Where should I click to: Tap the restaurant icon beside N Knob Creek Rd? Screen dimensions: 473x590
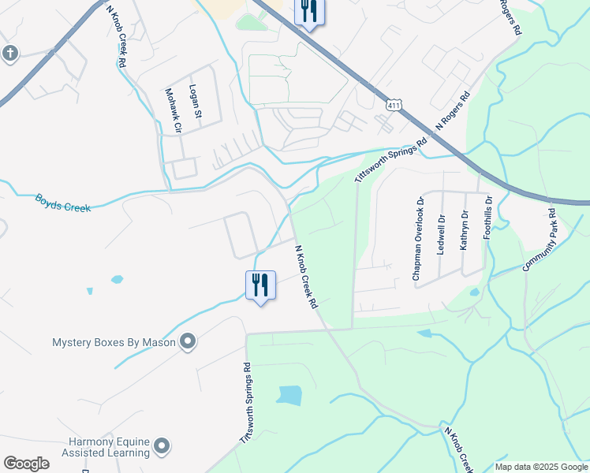pos(261,285)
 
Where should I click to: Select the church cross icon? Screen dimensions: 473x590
pos(9,54)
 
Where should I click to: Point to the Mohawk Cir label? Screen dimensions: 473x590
pos(172,110)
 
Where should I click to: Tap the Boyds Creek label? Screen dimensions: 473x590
pos(62,202)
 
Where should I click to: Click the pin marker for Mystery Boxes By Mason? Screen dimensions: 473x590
pos(188,341)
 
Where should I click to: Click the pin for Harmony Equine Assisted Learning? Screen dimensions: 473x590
pos(162,447)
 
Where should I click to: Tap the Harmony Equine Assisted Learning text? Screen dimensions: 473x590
pos(98,447)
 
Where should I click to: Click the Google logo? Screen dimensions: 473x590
pos(26,464)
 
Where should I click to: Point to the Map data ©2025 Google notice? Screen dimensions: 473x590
pos(541,467)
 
